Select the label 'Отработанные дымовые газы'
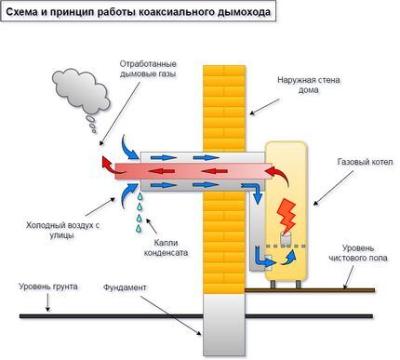148,69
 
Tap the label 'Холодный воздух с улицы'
62,229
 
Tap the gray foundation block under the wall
221,327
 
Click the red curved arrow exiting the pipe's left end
110,167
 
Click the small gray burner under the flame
287,239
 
